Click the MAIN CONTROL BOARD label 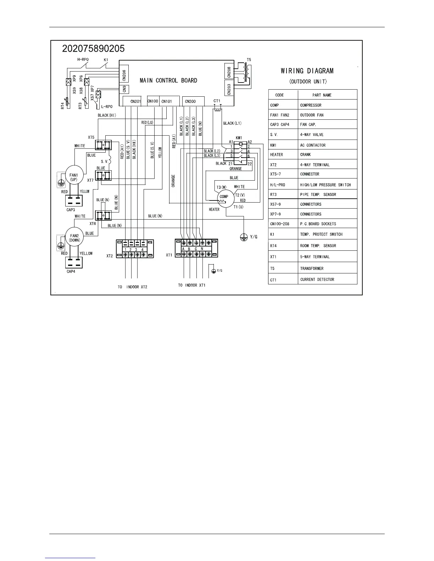168,80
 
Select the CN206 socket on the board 124,75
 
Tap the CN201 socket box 135,101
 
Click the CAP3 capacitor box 74,201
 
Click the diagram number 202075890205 93,49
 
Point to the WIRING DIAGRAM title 307,71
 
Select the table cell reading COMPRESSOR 311,105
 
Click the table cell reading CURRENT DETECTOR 317,279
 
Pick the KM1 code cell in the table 273,145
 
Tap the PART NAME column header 322,95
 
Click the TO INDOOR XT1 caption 191,285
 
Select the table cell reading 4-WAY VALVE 312,135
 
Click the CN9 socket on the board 124,90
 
